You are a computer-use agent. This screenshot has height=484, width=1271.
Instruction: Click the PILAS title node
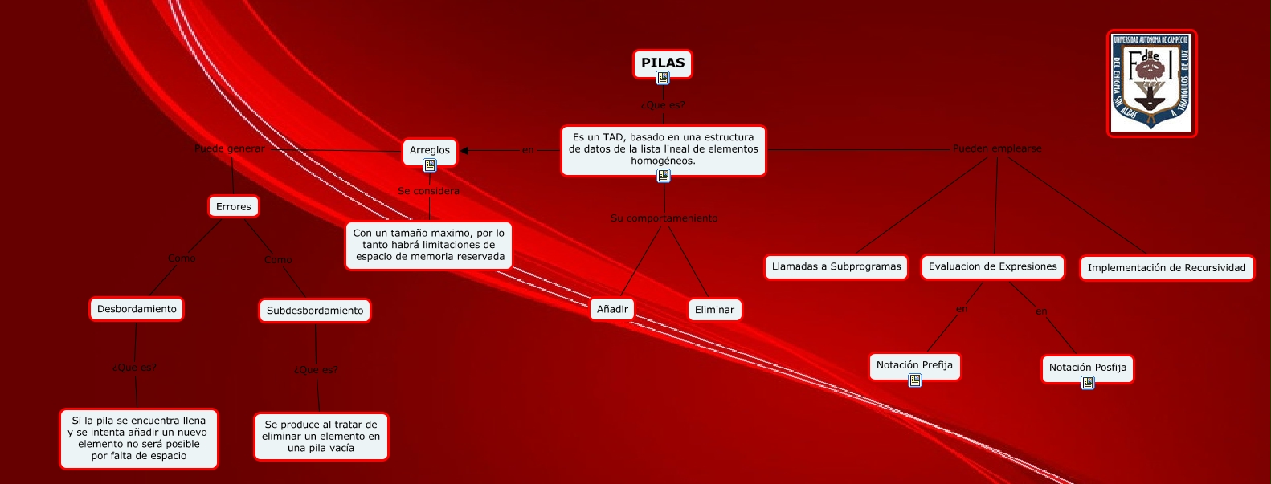pyautogui.click(x=663, y=63)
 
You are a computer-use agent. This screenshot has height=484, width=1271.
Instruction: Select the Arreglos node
pyautogui.click(x=430, y=150)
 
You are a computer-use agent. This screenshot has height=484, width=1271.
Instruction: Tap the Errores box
pyautogui.click(x=233, y=206)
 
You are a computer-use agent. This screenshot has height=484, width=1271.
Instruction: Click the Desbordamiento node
pyautogui.click(x=137, y=309)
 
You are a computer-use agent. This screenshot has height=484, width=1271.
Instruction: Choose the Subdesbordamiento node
pyautogui.click(x=315, y=311)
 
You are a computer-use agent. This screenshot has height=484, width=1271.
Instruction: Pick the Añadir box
pyautogui.click(x=612, y=309)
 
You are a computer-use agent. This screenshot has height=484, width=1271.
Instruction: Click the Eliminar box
pyautogui.click(x=714, y=310)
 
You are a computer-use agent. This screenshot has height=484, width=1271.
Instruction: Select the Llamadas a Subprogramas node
pyautogui.click(x=836, y=266)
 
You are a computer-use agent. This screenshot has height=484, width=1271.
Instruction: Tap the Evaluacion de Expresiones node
pyautogui.click(x=993, y=266)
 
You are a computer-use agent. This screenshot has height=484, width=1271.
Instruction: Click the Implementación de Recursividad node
pyautogui.click(x=1167, y=268)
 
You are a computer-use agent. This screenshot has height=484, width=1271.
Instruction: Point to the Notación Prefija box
pyautogui.click(x=914, y=365)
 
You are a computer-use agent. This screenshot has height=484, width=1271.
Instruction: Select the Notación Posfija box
pyautogui.click(x=1087, y=368)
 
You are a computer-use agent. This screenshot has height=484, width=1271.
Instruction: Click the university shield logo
pyautogui.click(x=1151, y=83)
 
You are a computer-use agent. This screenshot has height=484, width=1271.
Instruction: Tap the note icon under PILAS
pyautogui.click(x=663, y=78)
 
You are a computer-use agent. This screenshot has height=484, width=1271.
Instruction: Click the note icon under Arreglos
pyautogui.click(x=430, y=165)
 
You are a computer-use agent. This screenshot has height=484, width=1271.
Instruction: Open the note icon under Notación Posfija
pyautogui.click(x=1088, y=383)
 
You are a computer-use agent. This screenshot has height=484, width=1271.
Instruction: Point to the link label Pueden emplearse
pyautogui.click(x=997, y=148)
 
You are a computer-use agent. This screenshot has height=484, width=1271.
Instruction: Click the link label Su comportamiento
pyautogui.click(x=664, y=218)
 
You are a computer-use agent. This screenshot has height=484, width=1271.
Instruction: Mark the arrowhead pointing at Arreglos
pyautogui.click(x=464, y=150)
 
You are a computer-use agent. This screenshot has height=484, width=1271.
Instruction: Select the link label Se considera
pyautogui.click(x=428, y=191)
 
